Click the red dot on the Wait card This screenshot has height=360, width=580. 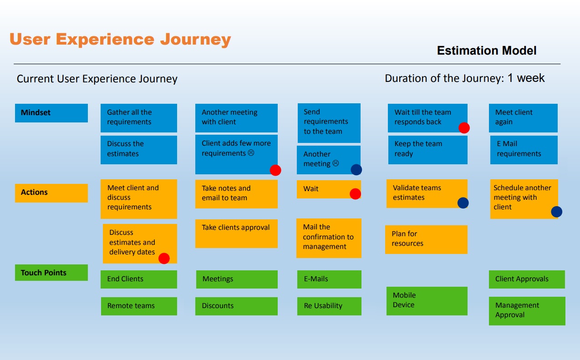coord(355,194)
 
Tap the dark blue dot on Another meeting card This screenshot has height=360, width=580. coord(356,170)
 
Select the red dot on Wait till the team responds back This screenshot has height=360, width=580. coord(464,128)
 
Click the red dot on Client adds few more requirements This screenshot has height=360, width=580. coord(275,170)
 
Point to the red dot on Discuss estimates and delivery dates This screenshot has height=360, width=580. coord(164,259)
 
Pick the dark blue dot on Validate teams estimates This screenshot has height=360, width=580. coord(463,203)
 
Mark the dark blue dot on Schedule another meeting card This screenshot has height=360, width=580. coord(557,212)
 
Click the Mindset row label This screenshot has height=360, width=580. coord(51,113)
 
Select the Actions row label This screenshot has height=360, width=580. coord(51,193)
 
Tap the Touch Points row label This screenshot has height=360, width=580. coord(51,273)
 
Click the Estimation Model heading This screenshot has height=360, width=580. coord(487,51)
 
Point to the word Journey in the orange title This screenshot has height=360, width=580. coord(195,40)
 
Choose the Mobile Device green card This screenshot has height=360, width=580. coord(427,301)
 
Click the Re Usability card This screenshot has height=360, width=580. coord(329,306)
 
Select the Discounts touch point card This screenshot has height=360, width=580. coord(236,306)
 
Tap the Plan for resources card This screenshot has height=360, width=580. coord(426,239)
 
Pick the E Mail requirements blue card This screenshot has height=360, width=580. coord(524,150)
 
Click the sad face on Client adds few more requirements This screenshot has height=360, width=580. coord(251,153)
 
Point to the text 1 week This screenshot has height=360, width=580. coord(526,78)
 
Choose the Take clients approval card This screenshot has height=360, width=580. coord(236,233)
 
